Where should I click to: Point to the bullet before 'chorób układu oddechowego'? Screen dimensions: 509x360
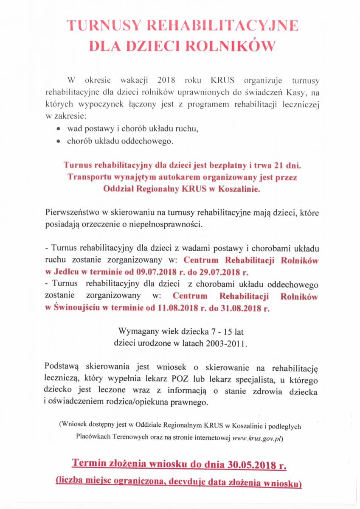pyautogui.click(x=58, y=142)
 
